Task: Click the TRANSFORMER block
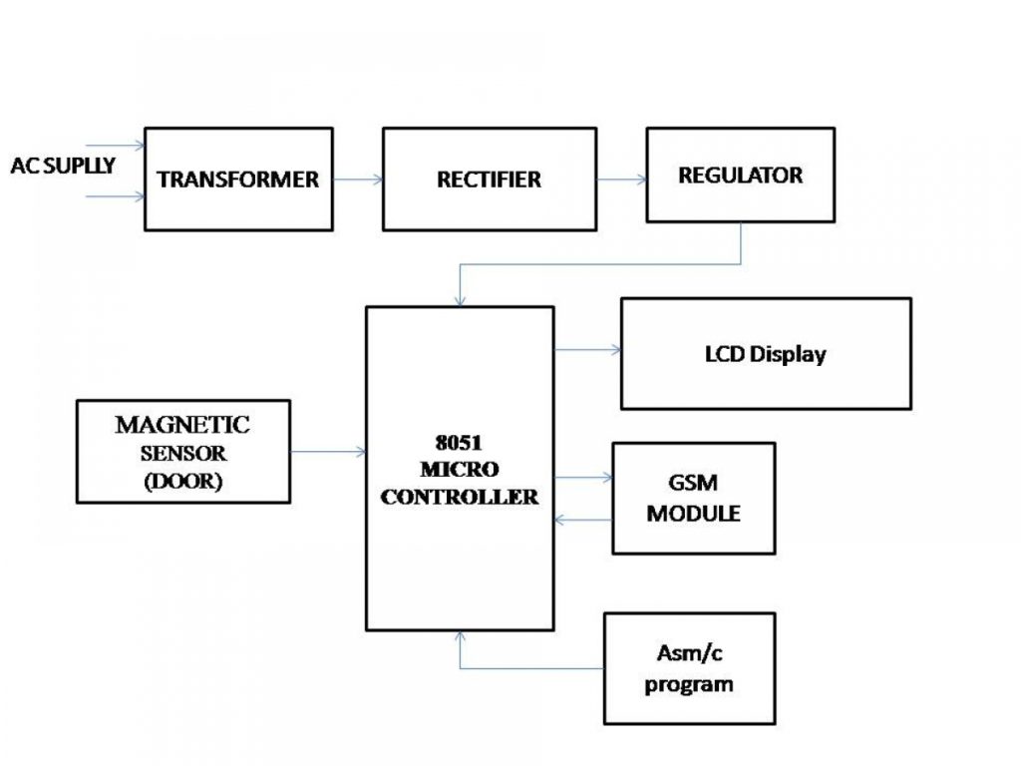coord(238,180)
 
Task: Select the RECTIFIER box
coord(489,180)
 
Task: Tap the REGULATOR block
coord(740,175)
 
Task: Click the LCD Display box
coord(765,354)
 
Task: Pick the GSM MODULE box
coord(693,499)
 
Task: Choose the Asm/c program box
coord(689,668)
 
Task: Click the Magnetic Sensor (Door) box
coord(182,452)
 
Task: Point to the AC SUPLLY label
coord(62,166)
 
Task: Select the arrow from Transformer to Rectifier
coord(358,180)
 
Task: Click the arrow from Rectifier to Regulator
coord(621,180)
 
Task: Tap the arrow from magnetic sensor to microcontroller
coord(328,452)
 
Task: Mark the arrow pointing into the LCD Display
coord(587,350)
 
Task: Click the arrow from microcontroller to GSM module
coord(583,478)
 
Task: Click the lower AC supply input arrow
coord(116,197)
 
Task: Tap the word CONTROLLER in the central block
coord(459,497)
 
